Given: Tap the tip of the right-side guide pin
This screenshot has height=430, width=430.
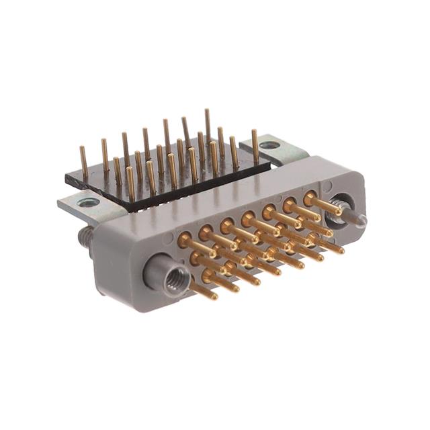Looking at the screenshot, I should (x=363, y=219).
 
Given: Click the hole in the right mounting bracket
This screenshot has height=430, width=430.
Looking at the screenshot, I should (x=269, y=144).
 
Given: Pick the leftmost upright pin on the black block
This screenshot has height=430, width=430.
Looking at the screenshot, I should (x=84, y=162).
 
